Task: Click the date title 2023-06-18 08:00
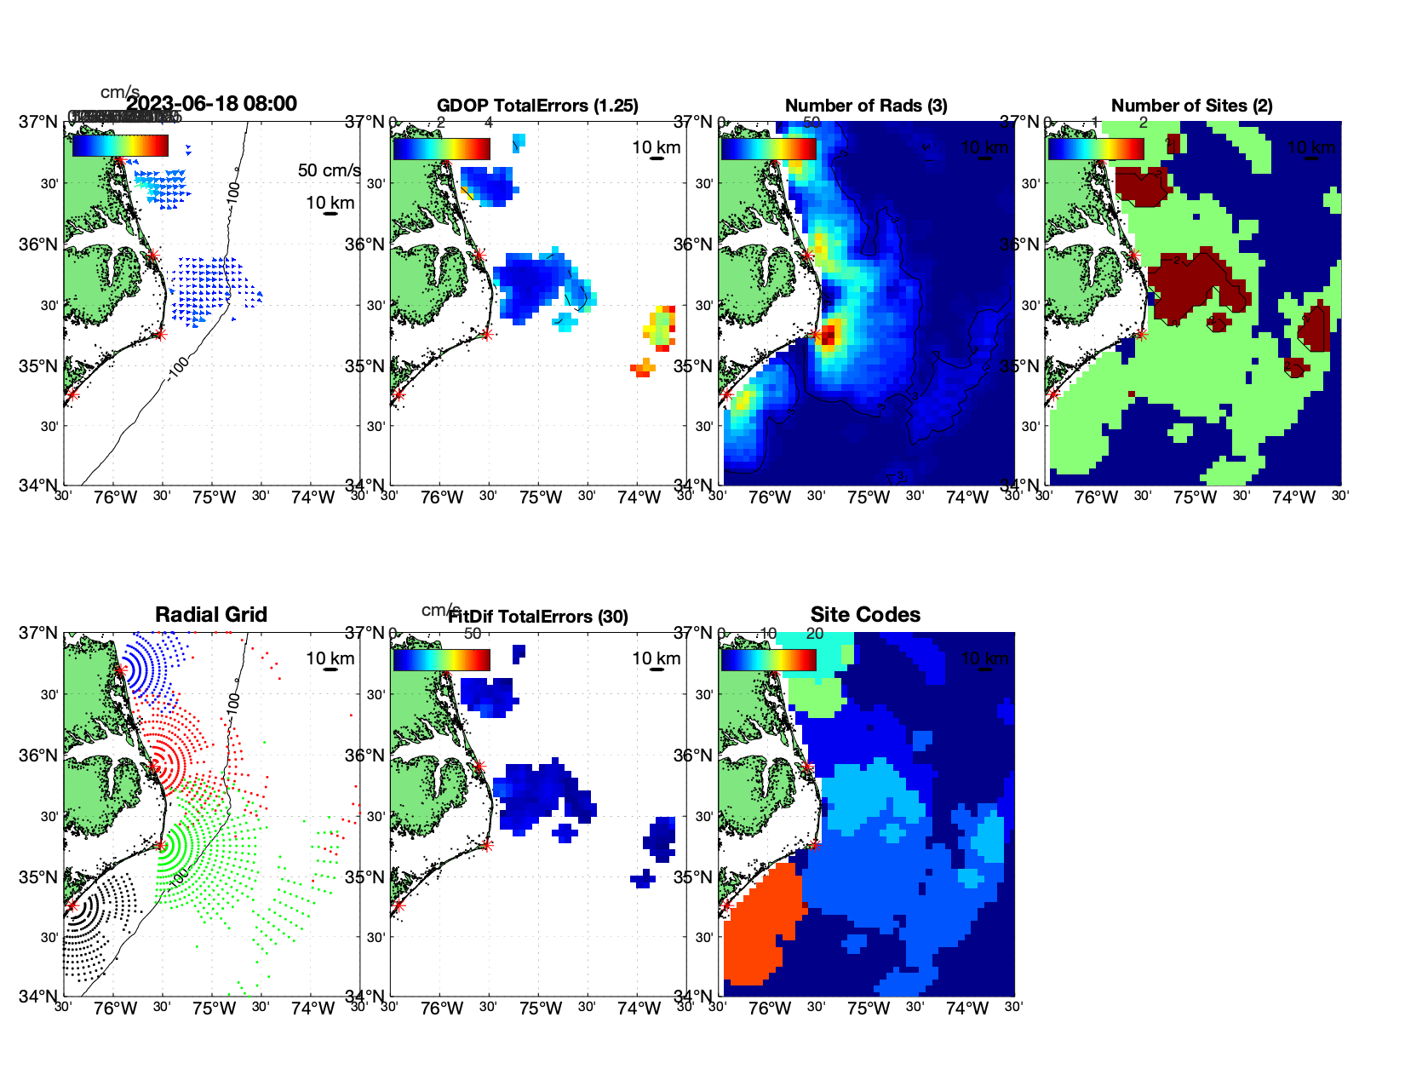pos(211,104)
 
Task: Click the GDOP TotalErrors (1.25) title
pos(537,106)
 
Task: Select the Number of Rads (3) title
pos(866,106)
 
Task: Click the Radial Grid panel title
pos(211,615)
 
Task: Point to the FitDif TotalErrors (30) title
pos(538,617)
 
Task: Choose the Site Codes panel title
pos(865,615)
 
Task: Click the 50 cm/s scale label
pos(329,170)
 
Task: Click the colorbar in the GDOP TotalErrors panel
pos(441,149)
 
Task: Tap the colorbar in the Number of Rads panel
pos(768,149)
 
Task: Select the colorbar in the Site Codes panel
pos(768,660)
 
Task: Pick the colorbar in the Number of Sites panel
pos(1095,149)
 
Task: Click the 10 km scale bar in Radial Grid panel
pos(330,669)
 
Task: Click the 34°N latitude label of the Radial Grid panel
pos(38,996)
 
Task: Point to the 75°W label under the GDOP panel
pos(541,497)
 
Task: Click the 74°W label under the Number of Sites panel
pos(1293,497)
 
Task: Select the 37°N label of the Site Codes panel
pos(693,633)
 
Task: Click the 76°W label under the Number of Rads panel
pos(769,497)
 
